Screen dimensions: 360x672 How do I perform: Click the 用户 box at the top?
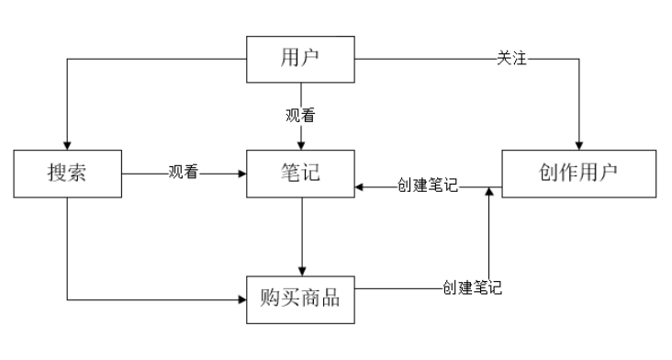point(301,60)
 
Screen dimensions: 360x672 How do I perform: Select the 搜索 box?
point(67,172)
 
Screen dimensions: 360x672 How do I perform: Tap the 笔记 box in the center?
point(301,172)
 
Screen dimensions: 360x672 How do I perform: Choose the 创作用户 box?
point(578,172)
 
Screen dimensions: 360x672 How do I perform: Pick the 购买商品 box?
point(301,298)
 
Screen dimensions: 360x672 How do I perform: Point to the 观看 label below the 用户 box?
point(301,117)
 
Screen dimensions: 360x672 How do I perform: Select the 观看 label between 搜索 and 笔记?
point(184,172)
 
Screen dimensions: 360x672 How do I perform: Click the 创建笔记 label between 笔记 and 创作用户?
point(427,187)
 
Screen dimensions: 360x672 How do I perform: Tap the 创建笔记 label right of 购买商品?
point(471,287)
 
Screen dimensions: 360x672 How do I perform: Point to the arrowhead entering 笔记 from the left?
point(242,172)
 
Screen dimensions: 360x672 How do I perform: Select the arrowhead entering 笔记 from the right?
point(360,187)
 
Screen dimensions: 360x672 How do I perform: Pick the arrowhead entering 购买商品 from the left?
point(242,299)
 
